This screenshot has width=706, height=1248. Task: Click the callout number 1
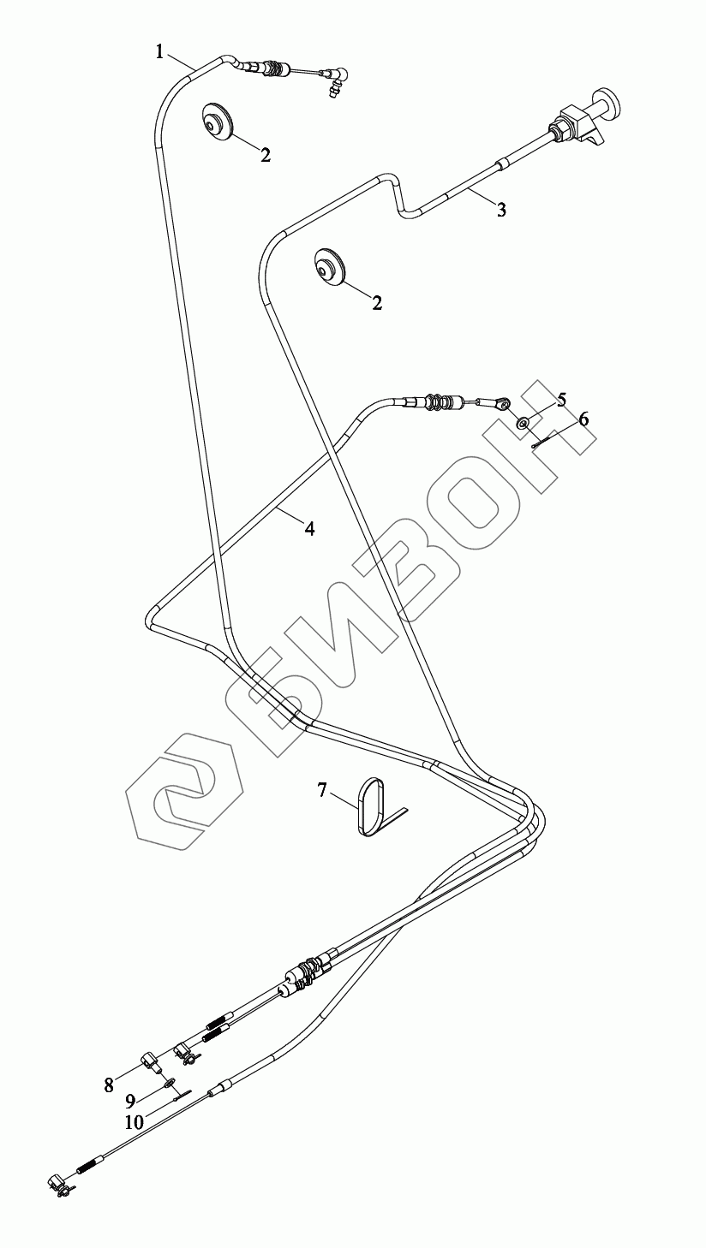160,51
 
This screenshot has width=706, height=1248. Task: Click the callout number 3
501,210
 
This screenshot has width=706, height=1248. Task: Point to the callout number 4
309,529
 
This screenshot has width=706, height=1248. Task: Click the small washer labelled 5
522,423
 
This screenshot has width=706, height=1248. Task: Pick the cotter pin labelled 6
537,440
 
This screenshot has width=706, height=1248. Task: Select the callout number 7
322,790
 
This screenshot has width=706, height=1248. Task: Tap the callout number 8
109,1085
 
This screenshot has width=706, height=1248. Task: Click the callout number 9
130,1101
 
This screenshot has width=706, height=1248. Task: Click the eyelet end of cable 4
505,401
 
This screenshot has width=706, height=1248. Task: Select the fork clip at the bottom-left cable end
58,1183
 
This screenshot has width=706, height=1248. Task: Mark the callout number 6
583,419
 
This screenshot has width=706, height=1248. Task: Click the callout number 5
561,399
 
